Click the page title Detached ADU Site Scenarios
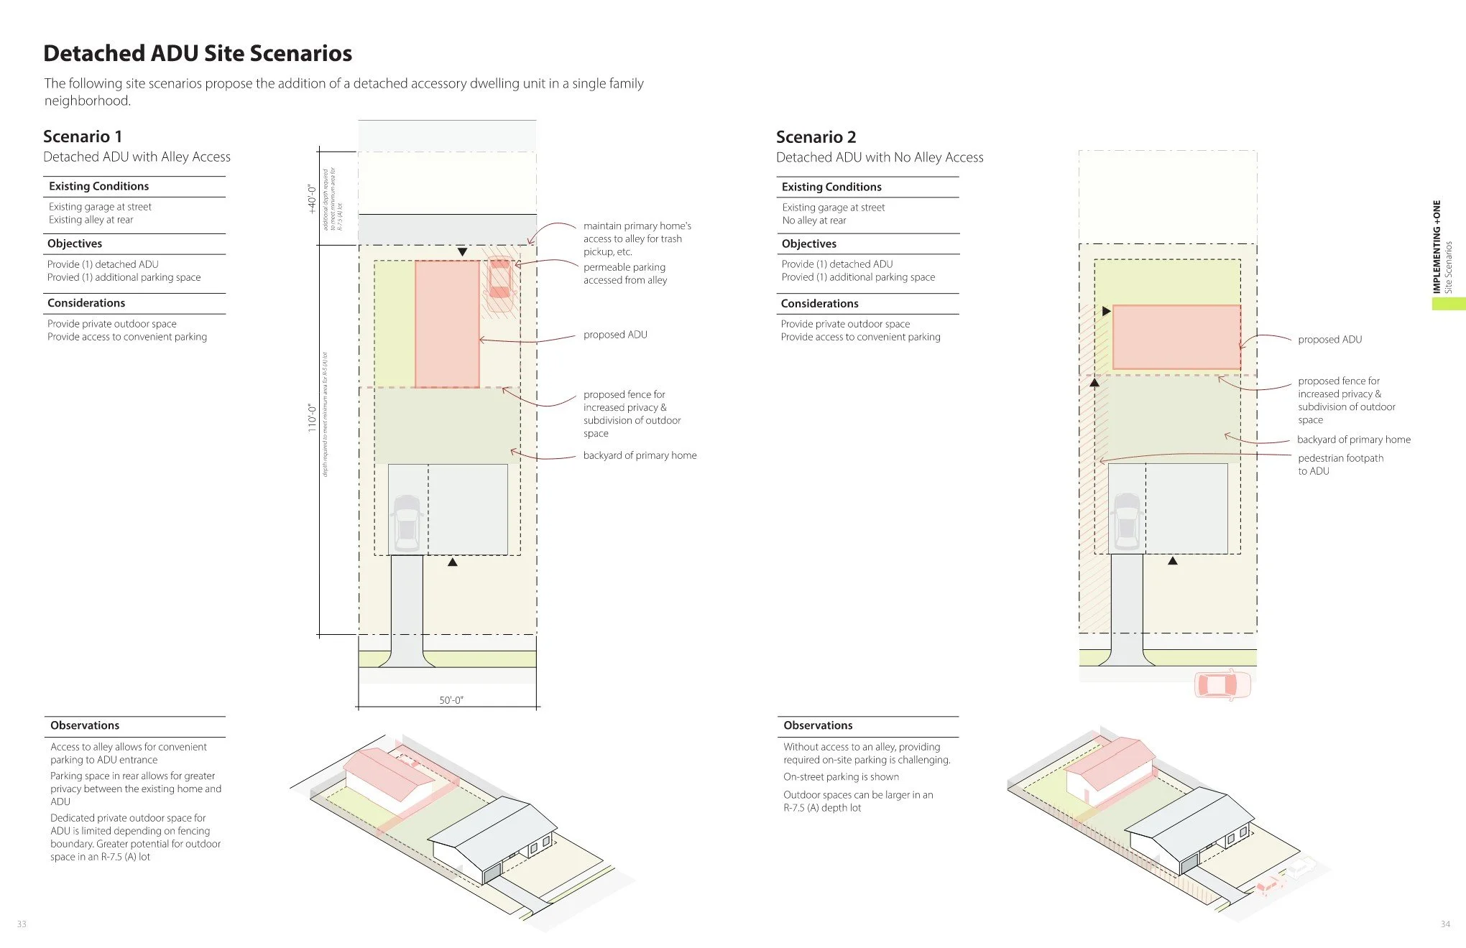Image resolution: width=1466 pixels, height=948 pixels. coord(198,53)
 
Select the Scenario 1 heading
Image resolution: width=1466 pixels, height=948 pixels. coord(83,136)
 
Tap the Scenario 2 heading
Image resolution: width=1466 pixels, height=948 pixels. coord(816,137)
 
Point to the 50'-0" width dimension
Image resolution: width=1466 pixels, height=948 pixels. coord(451,700)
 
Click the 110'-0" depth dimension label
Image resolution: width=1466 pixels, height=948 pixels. coord(312,417)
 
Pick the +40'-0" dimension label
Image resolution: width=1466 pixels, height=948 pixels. coord(312,199)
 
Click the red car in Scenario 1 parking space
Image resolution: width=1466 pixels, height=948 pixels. coord(499,278)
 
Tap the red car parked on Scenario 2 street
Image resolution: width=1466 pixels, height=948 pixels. coord(1222,684)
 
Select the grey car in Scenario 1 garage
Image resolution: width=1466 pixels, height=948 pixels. coord(407,521)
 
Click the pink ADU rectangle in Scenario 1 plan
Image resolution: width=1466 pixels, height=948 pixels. coord(447,324)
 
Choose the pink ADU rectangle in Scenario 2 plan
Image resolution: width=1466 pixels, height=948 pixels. coord(1176,338)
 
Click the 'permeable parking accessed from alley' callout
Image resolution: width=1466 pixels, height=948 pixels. coord(624,274)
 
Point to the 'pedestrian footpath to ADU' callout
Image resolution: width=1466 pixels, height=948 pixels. coord(1340,465)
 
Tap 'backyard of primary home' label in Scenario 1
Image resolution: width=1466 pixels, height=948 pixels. coord(640,455)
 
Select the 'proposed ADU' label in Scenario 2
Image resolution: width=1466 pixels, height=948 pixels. coord(1329,340)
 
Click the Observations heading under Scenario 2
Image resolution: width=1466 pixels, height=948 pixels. coord(818,725)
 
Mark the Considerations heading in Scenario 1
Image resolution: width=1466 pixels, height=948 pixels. coord(86,303)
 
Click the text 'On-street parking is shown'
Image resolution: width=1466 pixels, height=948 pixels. coord(841,777)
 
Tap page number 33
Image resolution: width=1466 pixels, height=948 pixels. coord(22,924)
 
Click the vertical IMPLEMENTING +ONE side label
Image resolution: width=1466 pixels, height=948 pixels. coord(1437,247)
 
